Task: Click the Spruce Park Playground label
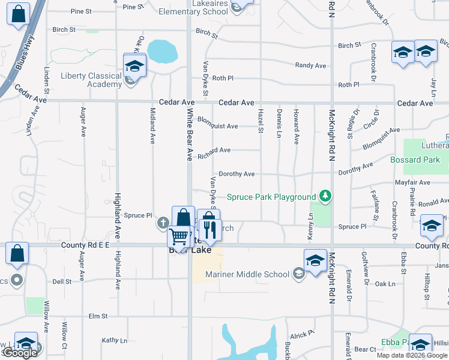click(271, 197)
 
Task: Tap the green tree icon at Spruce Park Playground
click(325, 196)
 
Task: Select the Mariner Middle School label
click(247, 274)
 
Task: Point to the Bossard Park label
click(415, 160)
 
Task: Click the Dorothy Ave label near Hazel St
click(237, 174)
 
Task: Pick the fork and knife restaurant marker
click(209, 229)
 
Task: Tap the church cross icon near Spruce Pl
click(163, 224)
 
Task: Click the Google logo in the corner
click(20, 353)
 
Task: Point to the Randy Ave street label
click(310, 65)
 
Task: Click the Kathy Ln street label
click(115, 340)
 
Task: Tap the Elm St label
click(97, 316)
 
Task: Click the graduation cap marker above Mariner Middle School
click(315, 260)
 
